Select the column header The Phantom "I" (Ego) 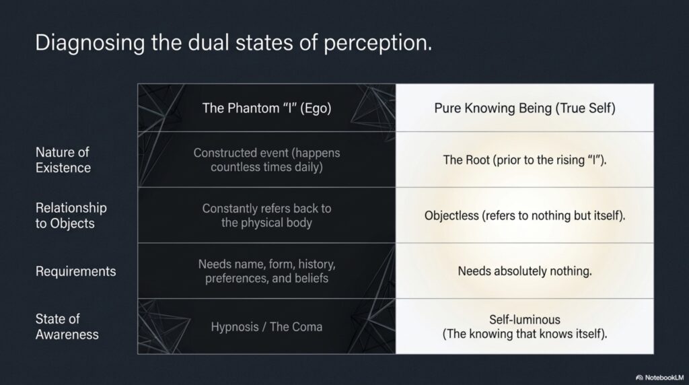coord(266,108)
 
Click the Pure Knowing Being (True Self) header coord(525,108)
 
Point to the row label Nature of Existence coord(63,160)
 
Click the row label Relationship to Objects coord(71,215)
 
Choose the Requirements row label coord(75,271)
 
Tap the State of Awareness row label coord(67,326)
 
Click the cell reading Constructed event coord(266,160)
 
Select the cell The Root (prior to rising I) coord(525,160)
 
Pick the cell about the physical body coord(266,215)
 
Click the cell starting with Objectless coord(525,216)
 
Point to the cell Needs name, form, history coord(266,271)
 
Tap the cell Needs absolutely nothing coord(525,271)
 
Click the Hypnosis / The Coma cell coord(266,327)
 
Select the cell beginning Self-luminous coord(525,326)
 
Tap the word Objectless coord(451,216)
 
